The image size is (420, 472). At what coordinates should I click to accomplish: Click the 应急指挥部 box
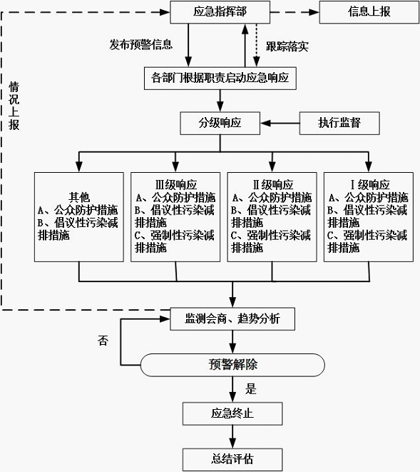click(x=220, y=12)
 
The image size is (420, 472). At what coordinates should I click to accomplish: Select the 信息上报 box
click(x=369, y=12)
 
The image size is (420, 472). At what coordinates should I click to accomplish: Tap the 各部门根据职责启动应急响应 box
click(x=220, y=79)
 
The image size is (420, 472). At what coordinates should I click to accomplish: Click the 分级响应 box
click(x=220, y=123)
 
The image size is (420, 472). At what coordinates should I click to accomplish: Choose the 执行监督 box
click(x=339, y=123)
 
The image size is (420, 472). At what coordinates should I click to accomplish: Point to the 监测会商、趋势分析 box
click(x=232, y=318)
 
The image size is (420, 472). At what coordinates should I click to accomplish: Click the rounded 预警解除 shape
click(x=232, y=365)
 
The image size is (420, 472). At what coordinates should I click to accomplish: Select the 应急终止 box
click(x=232, y=413)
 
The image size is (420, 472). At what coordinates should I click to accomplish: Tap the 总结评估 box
click(x=232, y=460)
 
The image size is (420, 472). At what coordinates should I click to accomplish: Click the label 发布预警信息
click(x=140, y=44)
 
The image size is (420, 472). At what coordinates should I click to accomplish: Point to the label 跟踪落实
click(x=287, y=46)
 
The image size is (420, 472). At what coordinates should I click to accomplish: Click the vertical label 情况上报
click(x=14, y=106)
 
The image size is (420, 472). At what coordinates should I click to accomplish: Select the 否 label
click(x=103, y=341)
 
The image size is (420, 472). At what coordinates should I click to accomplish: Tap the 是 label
click(x=251, y=388)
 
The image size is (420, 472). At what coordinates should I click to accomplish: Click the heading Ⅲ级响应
click(x=176, y=184)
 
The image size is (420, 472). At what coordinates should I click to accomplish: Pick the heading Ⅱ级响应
click(x=272, y=184)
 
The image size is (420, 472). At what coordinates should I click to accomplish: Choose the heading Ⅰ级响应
click(x=370, y=184)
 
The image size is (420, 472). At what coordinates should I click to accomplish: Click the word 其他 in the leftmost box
click(x=79, y=197)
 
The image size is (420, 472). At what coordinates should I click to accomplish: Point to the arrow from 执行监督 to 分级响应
click(x=280, y=123)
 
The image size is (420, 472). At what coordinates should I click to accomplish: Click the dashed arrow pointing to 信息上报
click(x=294, y=12)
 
